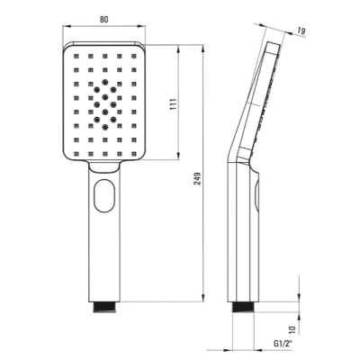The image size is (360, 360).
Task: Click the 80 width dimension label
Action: coord(103,20)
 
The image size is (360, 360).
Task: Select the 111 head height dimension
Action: coord(174,104)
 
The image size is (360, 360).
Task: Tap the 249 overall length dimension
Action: coord(198,178)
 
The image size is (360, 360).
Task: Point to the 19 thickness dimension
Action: coord(301,31)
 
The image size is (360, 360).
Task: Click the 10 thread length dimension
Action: coord(293,329)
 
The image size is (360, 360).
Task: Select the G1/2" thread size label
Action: coord(283,344)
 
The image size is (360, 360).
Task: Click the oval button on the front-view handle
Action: coord(104,195)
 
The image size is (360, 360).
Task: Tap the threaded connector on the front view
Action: coord(104,307)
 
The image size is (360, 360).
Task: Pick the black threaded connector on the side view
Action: coord(243,307)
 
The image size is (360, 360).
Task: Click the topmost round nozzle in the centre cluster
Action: coord(104,82)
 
